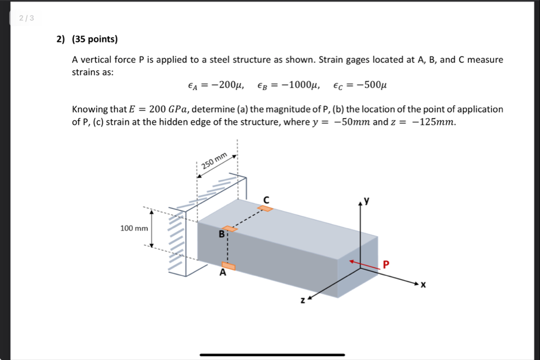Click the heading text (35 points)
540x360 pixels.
(95, 39)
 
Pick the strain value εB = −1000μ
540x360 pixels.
(289, 86)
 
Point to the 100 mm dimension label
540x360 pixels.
(134, 229)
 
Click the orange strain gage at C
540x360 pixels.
(265, 208)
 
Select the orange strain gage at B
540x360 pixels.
(229, 229)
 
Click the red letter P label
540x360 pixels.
(386, 264)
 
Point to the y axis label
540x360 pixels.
(368, 201)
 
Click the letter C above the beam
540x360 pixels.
(266, 200)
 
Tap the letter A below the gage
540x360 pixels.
(223, 273)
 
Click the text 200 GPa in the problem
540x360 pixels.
(169, 109)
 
